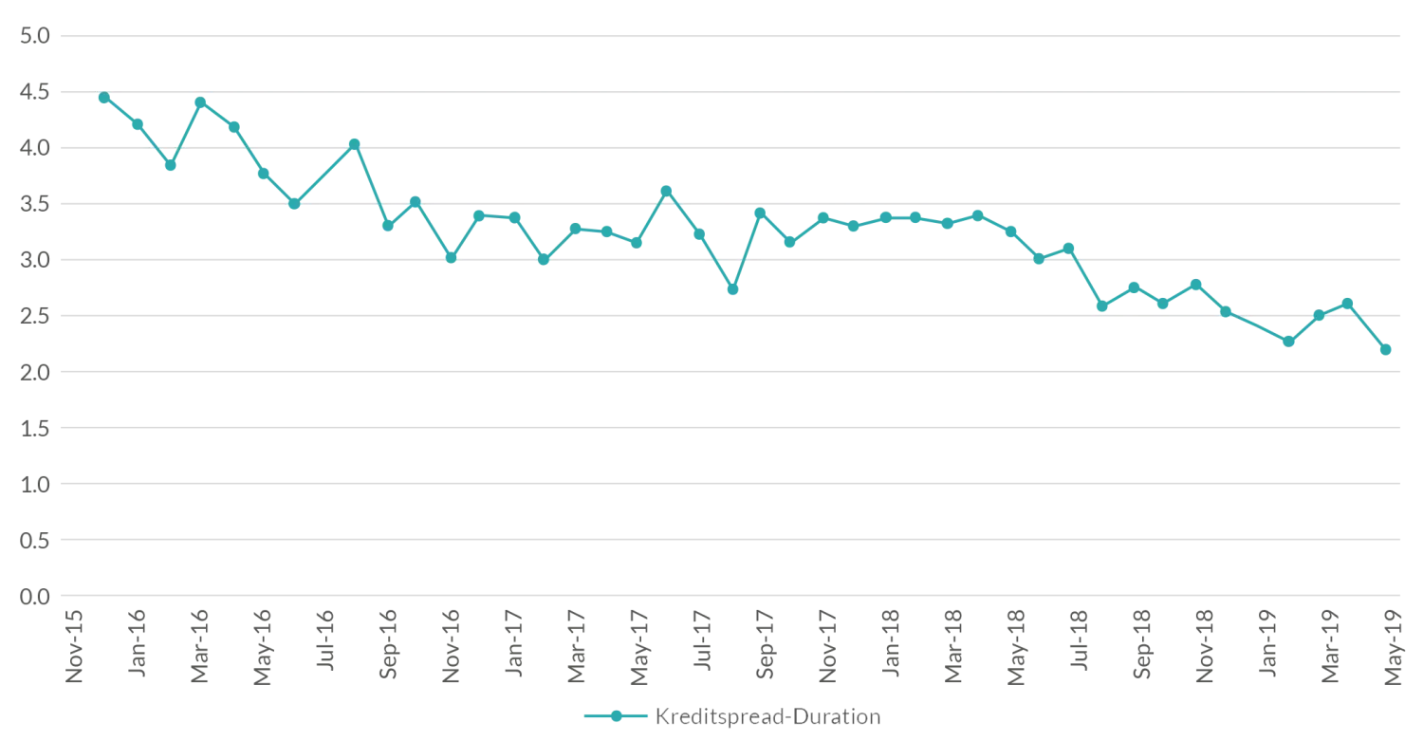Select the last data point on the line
click(1387, 349)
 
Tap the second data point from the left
click(137, 122)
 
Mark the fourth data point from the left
click(200, 99)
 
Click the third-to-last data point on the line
click(1319, 314)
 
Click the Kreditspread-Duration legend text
click(767, 717)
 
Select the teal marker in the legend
click(615, 717)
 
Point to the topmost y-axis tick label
click(35, 35)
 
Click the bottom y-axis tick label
click(35, 596)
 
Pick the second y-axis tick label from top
click(35, 93)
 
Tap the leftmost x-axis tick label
click(72, 645)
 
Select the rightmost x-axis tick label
click(1392, 645)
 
